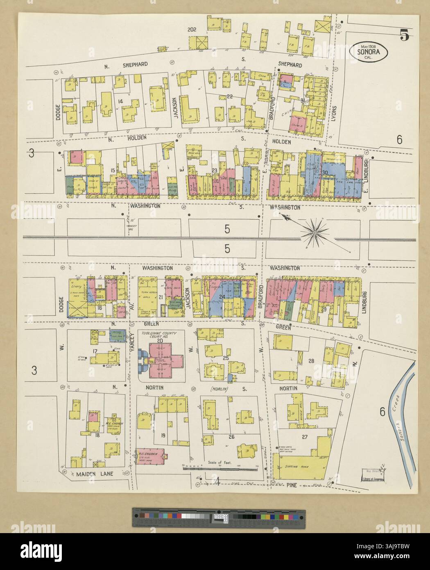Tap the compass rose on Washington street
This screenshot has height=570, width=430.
315,233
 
